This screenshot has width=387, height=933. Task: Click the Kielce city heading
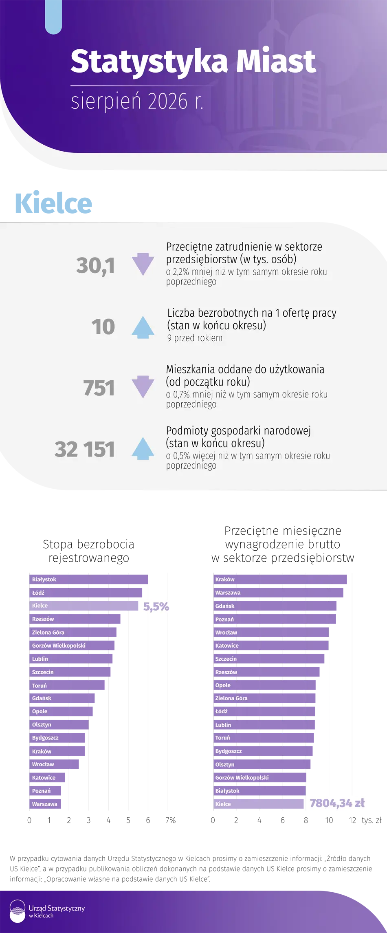click(x=53, y=203)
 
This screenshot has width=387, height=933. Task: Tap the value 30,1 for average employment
click(x=95, y=265)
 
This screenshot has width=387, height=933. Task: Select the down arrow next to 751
click(x=143, y=387)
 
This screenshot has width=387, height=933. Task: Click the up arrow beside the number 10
click(x=143, y=327)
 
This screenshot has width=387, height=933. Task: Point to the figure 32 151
click(x=85, y=449)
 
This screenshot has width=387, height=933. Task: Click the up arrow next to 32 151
click(x=143, y=448)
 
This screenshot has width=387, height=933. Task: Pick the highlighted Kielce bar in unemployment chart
click(x=84, y=606)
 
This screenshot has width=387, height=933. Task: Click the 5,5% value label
click(x=156, y=607)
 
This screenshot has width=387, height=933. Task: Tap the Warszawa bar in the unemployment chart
click(x=45, y=804)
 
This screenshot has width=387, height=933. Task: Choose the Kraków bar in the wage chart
click(x=280, y=579)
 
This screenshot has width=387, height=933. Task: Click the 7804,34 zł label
click(x=337, y=803)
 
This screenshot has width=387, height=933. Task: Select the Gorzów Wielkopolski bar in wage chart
click(x=260, y=777)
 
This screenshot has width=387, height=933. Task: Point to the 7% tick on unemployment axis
click(x=171, y=820)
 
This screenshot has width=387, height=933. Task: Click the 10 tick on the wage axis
click(x=329, y=820)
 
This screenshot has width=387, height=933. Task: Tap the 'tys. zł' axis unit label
click(x=372, y=820)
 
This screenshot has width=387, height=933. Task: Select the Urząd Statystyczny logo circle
click(x=18, y=911)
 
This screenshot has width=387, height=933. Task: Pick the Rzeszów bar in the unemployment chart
click(x=75, y=619)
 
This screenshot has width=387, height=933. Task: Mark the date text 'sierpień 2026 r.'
click(x=137, y=101)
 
